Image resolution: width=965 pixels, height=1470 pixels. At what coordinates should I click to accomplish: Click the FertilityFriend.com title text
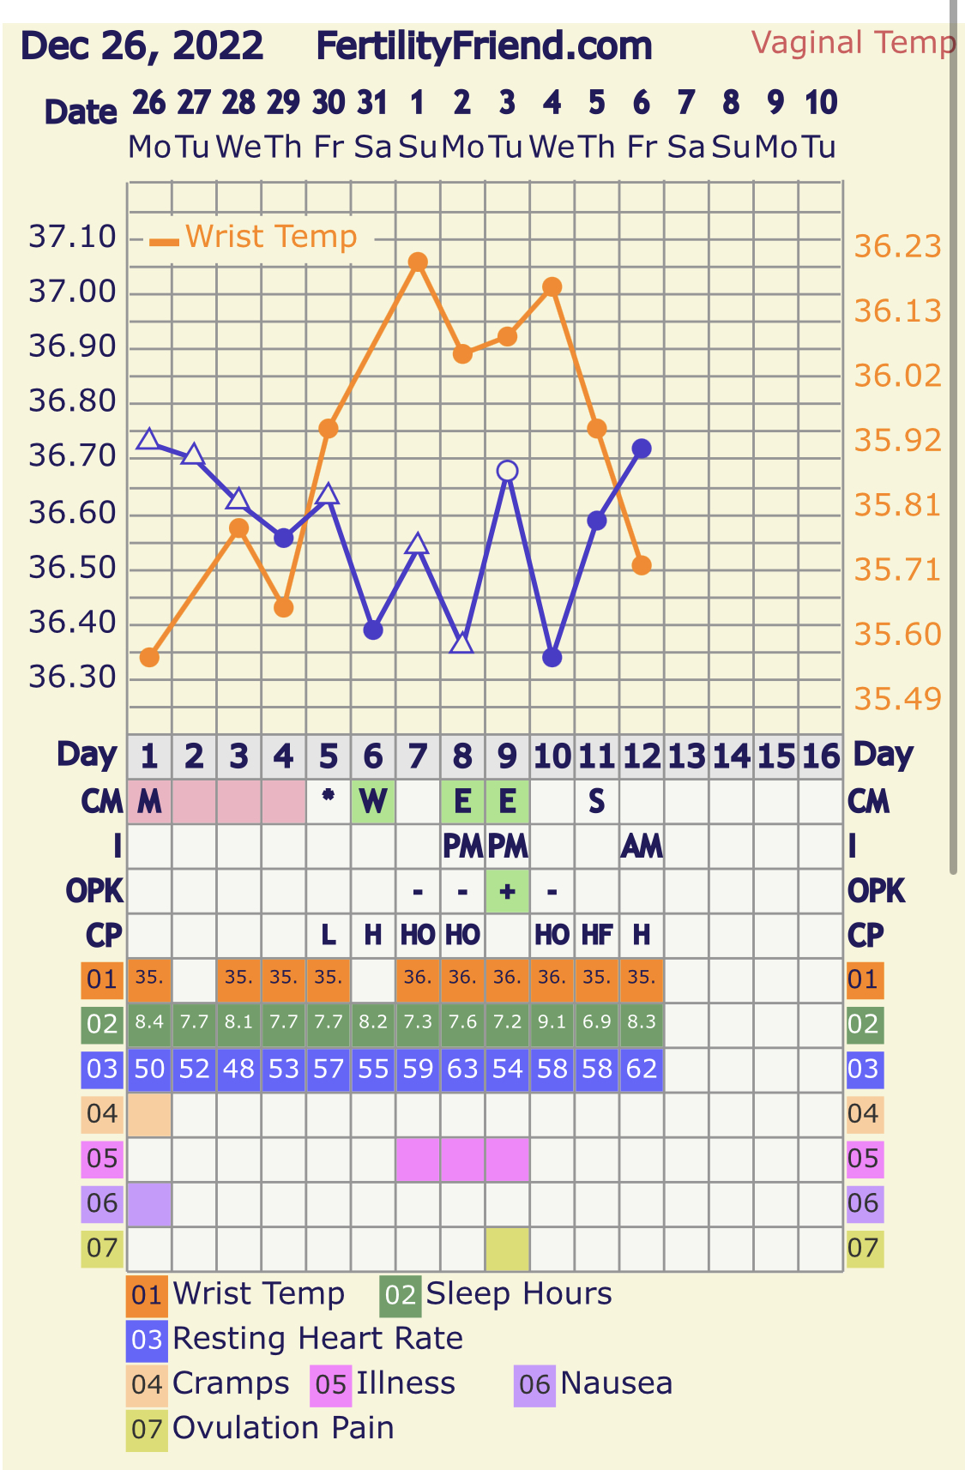coord(484,46)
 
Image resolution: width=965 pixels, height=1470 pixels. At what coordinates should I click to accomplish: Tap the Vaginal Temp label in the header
coord(853,43)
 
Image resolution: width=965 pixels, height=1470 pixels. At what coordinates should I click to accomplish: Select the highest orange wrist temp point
coord(418,262)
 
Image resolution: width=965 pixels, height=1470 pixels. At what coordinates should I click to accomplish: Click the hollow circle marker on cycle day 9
coord(507,471)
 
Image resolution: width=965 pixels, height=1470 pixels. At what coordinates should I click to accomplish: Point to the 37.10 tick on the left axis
coord(72,237)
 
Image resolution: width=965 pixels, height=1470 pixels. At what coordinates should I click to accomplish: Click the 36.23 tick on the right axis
coord(897,247)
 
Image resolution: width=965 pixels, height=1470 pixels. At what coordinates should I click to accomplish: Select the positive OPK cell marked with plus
coord(507,891)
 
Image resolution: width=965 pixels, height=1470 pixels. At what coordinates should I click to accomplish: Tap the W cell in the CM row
coord(372,802)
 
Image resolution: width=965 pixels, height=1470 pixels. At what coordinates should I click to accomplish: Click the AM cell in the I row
coord(642,846)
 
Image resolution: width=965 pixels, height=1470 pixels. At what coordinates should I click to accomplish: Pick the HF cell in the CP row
coord(597,935)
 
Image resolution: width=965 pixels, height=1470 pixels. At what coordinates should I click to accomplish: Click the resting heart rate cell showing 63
coord(462,1069)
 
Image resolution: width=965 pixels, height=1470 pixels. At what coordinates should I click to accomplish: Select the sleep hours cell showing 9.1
coord(552,1023)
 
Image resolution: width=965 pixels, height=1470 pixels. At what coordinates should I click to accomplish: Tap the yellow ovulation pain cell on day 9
coord(507,1248)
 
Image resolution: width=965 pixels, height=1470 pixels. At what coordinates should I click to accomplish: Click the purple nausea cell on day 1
coord(149,1202)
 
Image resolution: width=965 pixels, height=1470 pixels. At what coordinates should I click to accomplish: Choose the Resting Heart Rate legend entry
coord(317,1339)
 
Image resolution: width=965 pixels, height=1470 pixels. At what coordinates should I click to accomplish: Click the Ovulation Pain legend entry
coord(282,1428)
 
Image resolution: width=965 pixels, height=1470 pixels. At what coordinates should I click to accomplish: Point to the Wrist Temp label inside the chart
coord(270,237)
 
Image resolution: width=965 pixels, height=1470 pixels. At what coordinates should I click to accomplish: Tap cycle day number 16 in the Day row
coord(820,757)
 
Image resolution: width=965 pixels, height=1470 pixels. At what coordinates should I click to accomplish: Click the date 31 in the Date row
coord(372,103)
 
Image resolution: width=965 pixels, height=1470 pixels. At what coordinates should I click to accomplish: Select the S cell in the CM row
coord(597,802)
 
